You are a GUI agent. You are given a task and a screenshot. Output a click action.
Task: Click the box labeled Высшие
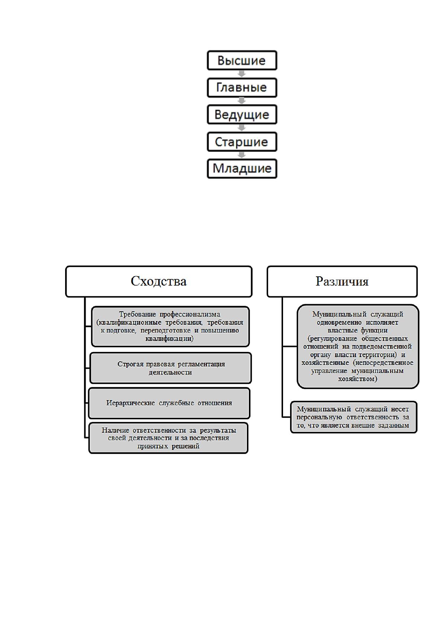[242, 60]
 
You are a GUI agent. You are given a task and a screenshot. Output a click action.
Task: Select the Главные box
[242, 87]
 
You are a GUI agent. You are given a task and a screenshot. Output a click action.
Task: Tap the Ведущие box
[242, 114]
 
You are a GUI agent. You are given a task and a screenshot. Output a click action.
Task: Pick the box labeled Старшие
[242, 141]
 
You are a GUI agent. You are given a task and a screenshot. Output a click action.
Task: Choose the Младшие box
[242, 169]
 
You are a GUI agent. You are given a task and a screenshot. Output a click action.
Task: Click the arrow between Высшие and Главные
[242, 74]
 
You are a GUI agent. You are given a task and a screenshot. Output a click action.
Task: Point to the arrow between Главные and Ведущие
[242, 101]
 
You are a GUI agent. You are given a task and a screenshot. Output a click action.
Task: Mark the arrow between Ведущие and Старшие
[242, 128]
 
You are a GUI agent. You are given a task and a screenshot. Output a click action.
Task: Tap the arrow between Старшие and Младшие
[242, 155]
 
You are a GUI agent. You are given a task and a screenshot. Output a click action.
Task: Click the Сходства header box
[158, 281]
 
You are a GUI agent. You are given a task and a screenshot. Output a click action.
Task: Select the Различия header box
[342, 281]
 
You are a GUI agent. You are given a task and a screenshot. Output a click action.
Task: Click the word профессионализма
[190, 314]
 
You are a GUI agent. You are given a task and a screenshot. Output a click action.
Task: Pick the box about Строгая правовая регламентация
[170, 368]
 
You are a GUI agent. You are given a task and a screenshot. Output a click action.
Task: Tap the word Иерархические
[131, 403]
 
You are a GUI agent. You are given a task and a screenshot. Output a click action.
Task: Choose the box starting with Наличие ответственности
[168, 438]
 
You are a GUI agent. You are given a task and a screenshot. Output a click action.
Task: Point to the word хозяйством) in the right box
[358, 379]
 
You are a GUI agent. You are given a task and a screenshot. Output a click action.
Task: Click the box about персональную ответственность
[353, 417]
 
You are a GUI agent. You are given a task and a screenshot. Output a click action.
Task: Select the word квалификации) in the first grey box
[170, 338]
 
